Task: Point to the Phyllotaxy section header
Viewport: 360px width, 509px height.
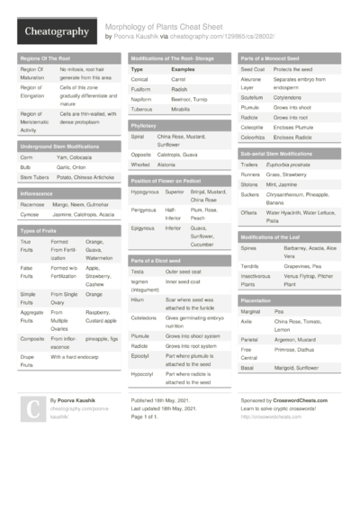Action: coord(143,127)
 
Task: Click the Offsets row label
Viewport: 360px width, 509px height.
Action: coord(249,211)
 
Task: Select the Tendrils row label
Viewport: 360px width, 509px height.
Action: coord(251,265)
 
